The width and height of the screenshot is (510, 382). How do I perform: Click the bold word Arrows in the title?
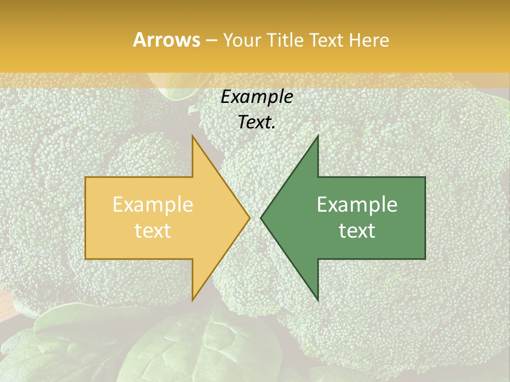[166, 40]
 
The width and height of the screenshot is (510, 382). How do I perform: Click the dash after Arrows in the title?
[211, 41]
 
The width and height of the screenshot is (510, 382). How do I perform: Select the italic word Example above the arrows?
[257, 97]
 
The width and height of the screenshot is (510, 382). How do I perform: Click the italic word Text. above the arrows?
[257, 122]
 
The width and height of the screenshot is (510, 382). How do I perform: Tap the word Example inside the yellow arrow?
[153, 205]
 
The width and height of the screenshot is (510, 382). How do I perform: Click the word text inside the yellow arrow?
[153, 230]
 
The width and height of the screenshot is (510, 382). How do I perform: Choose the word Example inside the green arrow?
[357, 205]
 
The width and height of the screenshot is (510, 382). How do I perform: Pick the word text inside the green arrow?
[357, 230]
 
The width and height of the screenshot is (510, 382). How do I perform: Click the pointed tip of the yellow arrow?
[250, 218]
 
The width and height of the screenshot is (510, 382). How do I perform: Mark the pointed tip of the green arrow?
[261, 218]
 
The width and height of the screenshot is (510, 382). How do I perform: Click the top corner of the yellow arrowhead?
[192, 136]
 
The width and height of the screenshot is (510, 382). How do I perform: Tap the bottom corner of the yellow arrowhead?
[192, 300]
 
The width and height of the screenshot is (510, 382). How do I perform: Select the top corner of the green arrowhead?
[318, 136]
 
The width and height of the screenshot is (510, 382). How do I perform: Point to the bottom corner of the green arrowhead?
[318, 300]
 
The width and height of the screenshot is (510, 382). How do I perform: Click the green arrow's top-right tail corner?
[425, 177]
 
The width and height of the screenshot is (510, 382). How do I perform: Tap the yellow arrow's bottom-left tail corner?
[86, 259]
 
